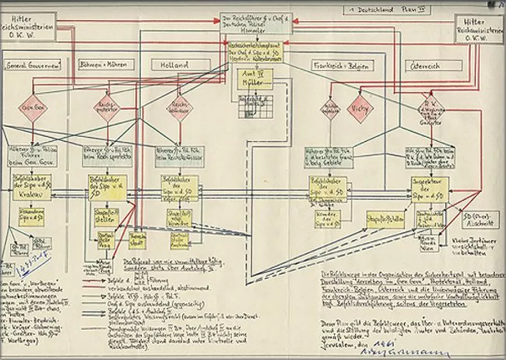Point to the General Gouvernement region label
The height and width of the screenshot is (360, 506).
[x=33, y=65]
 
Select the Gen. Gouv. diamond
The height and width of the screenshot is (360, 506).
[x=31, y=109]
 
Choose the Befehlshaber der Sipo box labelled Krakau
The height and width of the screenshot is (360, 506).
[x=32, y=187]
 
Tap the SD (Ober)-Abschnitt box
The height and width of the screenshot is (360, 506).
[x=475, y=218]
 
